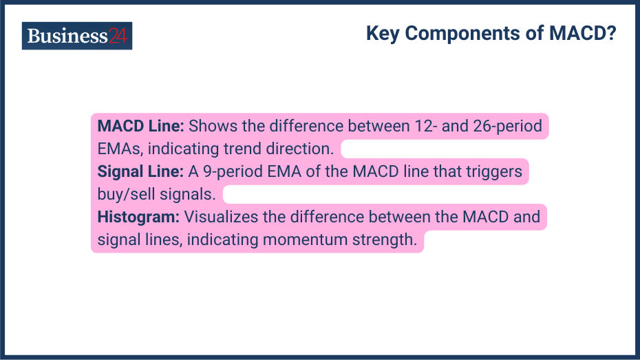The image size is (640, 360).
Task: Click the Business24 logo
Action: click(77, 36)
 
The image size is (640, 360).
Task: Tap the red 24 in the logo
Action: click(118, 36)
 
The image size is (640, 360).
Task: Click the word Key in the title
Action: click(383, 34)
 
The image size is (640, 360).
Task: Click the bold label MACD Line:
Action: click(140, 127)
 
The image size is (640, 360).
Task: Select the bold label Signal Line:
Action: click(140, 171)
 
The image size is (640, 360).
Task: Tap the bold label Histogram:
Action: click(138, 218)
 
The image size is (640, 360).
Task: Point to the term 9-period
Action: click(228, 171)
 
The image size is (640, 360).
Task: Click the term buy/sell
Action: click(125, 194)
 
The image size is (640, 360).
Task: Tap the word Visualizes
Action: click(218, 218)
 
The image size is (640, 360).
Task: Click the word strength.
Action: click(387, 240)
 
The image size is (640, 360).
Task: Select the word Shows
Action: click(209, 127)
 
